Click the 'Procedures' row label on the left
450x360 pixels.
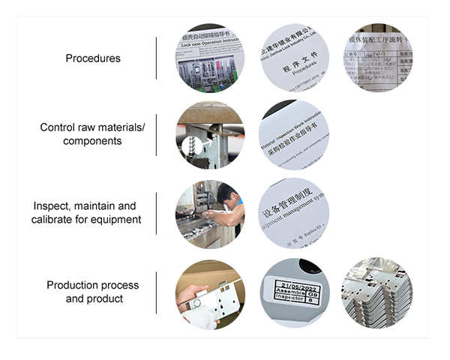pyautogui.click(x=92, y=58)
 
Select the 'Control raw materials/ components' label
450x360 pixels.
pyautogui.click(x=92, y=134)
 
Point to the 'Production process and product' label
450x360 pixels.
pyautogui.click(x=92, y=292)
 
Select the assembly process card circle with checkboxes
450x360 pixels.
pyautogui.click(x=377, y=58)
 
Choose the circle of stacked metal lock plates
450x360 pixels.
pyautogui.click(x=377, y=292)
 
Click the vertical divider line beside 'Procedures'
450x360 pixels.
pyautogui.click(x=157, y=58)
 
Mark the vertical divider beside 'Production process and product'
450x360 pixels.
pyautogui.click(x=157, y=292)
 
